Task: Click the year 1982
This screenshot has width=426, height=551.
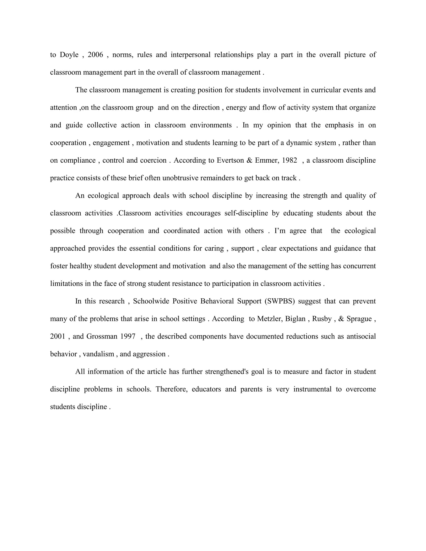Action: [x=290, y=161]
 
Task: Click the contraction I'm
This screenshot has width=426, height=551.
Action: [x=280, y=231]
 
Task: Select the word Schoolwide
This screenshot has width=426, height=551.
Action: [x=151, y=301]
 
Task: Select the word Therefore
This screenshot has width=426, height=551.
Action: [x=172, y=389]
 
